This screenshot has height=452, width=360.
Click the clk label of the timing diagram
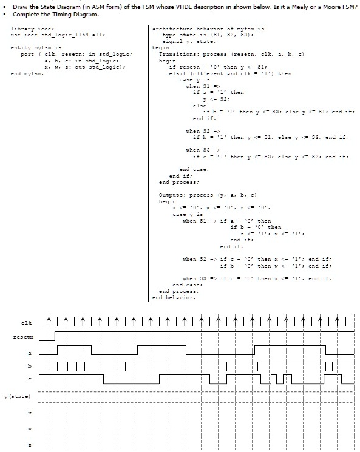point(26,323)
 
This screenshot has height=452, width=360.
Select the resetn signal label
point(23,337)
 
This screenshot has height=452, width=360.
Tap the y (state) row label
point(17,396)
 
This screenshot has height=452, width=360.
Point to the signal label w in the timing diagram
point(29,429)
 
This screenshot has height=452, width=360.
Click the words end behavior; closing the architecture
point(174,297)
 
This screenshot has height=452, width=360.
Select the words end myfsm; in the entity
point(27,73)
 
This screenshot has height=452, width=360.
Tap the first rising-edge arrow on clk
point(49,320)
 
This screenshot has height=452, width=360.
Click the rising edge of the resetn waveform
point(55,336)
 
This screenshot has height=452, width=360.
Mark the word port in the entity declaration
point(27,55)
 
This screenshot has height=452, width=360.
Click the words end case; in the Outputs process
point(188,285)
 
